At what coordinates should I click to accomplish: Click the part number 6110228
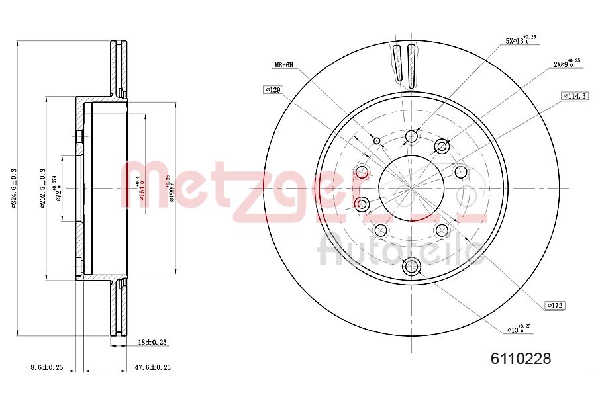pos(520,359)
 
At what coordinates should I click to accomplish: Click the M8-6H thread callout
pos(283,66)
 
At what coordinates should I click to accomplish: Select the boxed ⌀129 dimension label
pos(272,89)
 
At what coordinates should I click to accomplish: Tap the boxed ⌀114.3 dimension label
pos(575,96)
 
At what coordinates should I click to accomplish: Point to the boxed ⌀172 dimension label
pos(555,305)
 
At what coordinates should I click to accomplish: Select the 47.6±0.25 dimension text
pos(153,367)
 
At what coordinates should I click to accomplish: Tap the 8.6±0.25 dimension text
pos(47,367)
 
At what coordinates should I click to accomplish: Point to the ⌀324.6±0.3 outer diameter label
pos(14,189)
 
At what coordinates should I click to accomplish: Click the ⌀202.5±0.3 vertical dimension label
pos(42,189)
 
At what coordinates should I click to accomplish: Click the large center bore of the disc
pos(411,187)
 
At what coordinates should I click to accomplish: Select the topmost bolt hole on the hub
pos(411,137)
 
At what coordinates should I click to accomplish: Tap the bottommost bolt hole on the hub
pos(412,267)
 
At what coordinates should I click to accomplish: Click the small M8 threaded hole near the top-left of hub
pos(377,140)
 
